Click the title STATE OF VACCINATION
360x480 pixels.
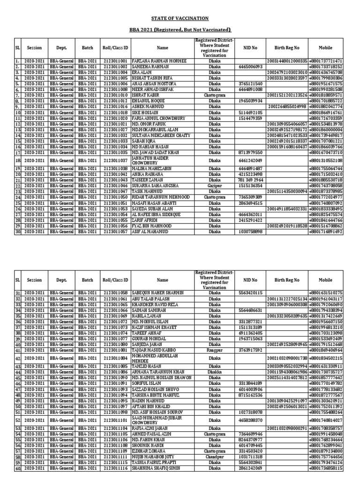(180, 18)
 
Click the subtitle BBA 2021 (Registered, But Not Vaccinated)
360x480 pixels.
(180, 30)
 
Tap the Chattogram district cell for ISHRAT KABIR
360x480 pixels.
(215, 95)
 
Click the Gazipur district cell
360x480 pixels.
(215, 186)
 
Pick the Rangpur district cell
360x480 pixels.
(215, 350)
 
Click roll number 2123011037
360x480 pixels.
(115, 160)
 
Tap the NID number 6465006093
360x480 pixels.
(247, 67)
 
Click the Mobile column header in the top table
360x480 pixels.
(325, 48)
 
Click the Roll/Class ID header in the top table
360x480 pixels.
(115, 48)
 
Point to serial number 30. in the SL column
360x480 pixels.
(17, 232)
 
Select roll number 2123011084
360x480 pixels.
(115, 358)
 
